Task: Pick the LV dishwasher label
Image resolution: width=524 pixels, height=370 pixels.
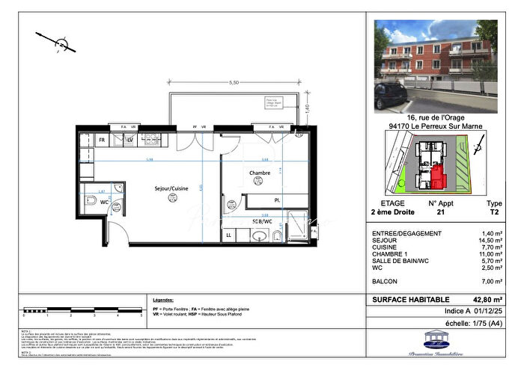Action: pyautogui.click(x=130, y=140)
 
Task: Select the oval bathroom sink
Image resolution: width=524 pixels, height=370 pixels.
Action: pyautogui.click(x=258, y=237)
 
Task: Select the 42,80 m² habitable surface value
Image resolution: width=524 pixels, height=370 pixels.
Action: pyautogui.click(x=488, y=299)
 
